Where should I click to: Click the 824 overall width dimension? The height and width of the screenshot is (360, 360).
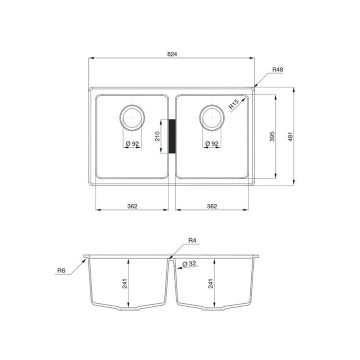[x=172, y=54]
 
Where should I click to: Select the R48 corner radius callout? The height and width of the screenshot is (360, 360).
[x=277, y=70]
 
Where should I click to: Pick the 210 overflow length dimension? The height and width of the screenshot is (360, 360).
[x=157, y=136]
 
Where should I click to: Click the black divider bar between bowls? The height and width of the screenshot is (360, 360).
[x=172, y=136]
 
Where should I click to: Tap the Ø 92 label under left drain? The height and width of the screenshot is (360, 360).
[x=132, y=144]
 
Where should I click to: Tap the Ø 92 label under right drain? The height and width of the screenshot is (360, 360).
[x=211, y=144]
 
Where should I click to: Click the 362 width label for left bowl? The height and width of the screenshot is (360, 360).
[x=133, y=206]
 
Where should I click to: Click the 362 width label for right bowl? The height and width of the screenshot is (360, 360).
[x=212, y=206]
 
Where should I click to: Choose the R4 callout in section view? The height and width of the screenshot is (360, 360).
[x=192, y=240]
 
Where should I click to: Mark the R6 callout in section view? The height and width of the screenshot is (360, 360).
[x=61, y=270]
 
